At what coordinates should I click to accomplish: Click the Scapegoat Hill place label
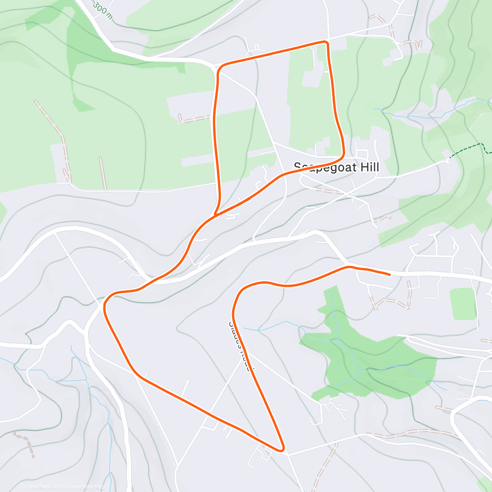[336, 167]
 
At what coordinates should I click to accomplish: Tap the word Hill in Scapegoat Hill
[368, 167]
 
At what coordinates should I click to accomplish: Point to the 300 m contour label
[102, 10]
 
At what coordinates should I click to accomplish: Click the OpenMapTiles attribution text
[43, 487]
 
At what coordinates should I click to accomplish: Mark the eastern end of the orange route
[389, 274]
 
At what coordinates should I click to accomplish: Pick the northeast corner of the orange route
[327, 42]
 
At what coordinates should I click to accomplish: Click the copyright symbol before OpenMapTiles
[23, 487]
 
